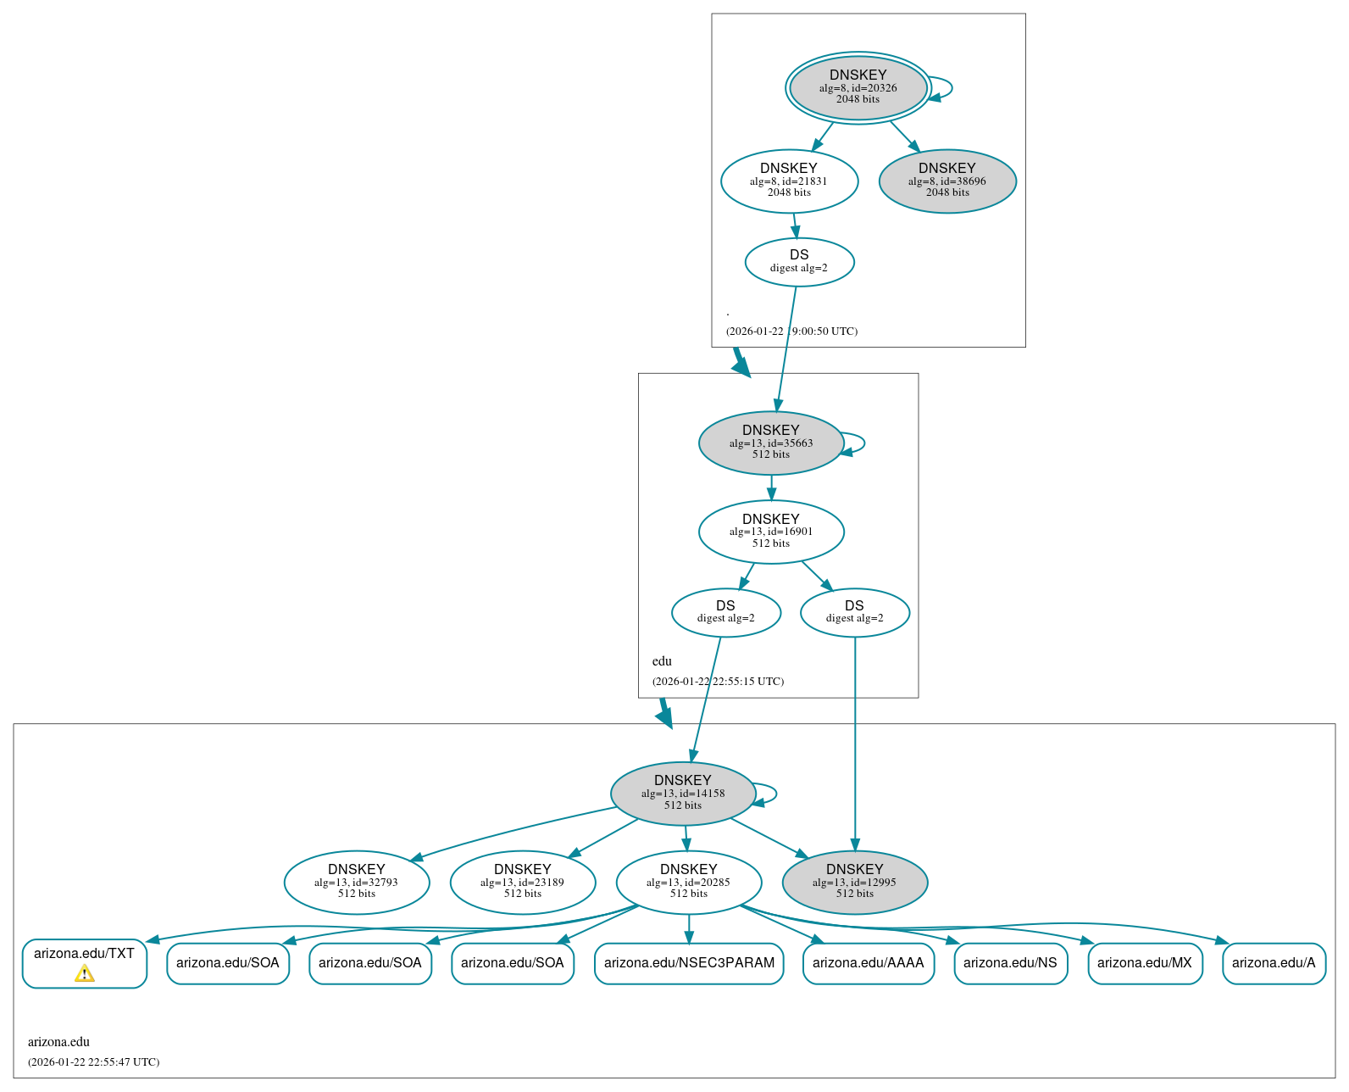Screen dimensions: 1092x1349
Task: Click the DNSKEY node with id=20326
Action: click(858, 87)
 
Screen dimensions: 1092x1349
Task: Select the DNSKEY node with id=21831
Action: click(789, 181)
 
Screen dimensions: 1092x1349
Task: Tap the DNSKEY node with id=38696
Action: click(947, 181)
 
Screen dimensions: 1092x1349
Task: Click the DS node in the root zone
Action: click(799, 261)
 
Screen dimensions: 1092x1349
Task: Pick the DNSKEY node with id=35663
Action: click(770, 443)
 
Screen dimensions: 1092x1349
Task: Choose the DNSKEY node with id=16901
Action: click(770, 532)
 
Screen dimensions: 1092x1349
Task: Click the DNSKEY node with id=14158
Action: click(682, 793)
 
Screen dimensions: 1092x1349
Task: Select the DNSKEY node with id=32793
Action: click(357, 882)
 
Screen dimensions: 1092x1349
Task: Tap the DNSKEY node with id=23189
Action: click(523, 882)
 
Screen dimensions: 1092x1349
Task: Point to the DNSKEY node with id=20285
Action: click(688, 882)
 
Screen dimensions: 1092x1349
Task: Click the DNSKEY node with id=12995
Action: click(854, 882)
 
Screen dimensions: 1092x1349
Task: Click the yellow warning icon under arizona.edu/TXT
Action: click(85, 974)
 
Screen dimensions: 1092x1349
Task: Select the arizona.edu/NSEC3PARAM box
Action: click(689, 963)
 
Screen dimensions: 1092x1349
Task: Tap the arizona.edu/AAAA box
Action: click(868, 963)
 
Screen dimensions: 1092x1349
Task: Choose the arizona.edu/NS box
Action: click(1010, 963)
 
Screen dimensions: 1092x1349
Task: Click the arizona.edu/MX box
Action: click(1144, 963)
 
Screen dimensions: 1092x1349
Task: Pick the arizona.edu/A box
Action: click(1273, 963)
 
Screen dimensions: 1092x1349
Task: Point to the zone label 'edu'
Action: click(662, 661)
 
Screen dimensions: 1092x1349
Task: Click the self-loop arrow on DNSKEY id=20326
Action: click(951, 87)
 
